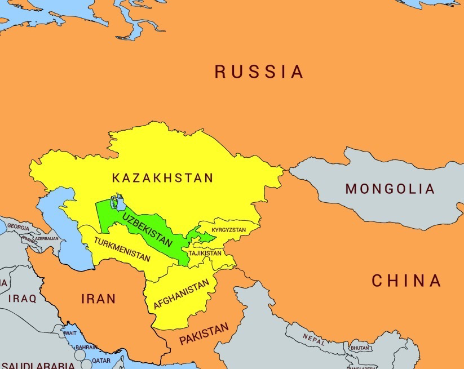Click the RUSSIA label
pyautogui.click(x=259, y=72)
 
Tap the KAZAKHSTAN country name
pyautogui.click(x=162, y=178)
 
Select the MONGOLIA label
pyautogui.click(x=390, y=189)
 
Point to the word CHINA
pyautogui.click(x=406, y=281)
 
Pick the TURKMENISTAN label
pyautogui.click(x=122, y=250)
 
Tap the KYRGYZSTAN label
pyautogui.click(x=229, y=230)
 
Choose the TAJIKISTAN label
pyautogui.click(x=205, y=254)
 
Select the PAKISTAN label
pyautogui.click(x=204, y=335)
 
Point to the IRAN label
pyautogui.click(x=99, y=299)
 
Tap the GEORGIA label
pyautogui.click(x=18, y=228)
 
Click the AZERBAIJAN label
pyautogui.click(x=46, y=239)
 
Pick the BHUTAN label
pyautogui.click(x=359, y=348)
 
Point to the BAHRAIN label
pyautogui.click(x=86, y=348)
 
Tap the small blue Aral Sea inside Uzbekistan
pyautogui.click(x=119, y=201)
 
